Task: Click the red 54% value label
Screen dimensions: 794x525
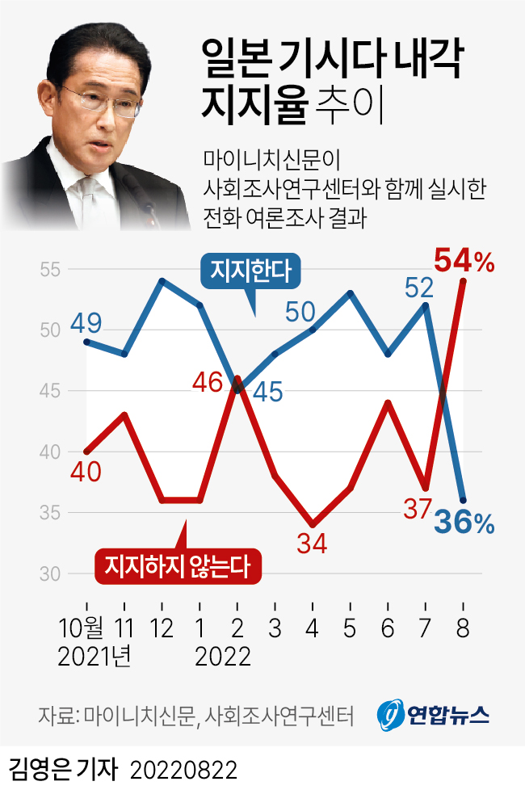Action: click(464, 262)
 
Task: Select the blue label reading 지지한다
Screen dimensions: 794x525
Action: click(250, 271)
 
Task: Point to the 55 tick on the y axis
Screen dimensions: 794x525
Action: click(51, 269)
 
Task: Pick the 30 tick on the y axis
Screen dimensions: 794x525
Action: click(51, 574)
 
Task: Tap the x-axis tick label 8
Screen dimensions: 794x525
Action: click(464, 628)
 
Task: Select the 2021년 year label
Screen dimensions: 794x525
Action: click(94, 656)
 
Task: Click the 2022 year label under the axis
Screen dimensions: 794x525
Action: click(223, 656)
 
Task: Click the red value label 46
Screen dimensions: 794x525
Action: click(208, 382)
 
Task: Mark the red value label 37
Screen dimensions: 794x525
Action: click(419, 510)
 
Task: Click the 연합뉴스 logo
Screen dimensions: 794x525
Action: click(434, 714)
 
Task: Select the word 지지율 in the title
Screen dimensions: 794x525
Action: click(254, 106)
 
